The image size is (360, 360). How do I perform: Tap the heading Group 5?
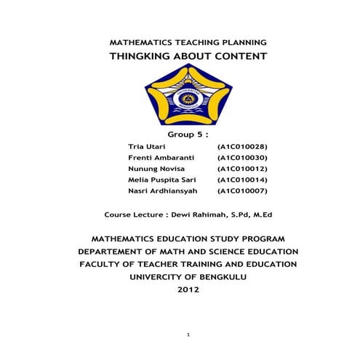(x=188, y=135)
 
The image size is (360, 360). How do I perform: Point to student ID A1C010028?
(x=243, y=147)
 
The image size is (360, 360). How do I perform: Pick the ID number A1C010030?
(x=243, y=158)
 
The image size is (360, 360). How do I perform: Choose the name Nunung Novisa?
(x=151, y=169)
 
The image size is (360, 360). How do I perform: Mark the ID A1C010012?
(x=243, y=169)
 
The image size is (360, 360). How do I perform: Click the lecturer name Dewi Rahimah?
(x=201, y=215)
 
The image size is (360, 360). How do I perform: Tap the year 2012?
(x=188, y=289)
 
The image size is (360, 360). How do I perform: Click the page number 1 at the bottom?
(x=188, y=335)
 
